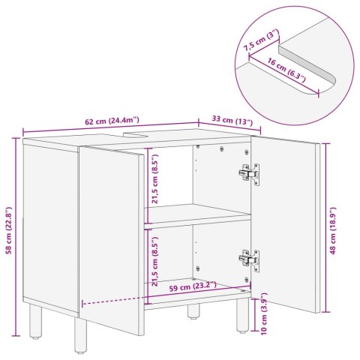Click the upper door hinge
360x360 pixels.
point(248,173)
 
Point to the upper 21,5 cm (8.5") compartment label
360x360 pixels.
point(154,181)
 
